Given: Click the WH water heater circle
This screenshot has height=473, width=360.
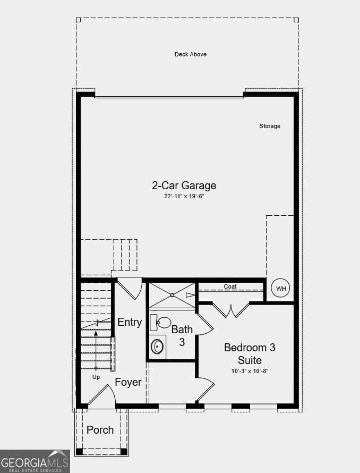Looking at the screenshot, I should [281, 289].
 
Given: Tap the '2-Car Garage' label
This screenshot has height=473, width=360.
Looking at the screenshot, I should [184, 185].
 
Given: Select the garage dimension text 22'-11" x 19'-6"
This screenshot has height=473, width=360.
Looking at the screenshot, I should [184, 196].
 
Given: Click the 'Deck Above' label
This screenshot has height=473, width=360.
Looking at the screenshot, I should [191, 54].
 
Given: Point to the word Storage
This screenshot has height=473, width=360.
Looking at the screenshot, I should [270, 126].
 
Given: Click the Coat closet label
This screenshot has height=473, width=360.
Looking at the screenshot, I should [230, 287].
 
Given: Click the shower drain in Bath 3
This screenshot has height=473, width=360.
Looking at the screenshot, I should [172, 295].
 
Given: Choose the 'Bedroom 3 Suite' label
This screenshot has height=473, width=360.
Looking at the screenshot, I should [250, 354].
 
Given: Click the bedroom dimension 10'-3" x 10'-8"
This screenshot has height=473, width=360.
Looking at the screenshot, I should [250, 371].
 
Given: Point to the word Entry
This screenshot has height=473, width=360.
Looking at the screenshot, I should [130, 322].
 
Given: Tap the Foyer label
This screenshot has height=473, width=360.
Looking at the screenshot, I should [128, 382].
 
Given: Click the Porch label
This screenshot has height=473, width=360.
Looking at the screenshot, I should [100, 429].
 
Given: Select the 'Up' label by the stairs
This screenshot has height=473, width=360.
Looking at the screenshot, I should [96, 377].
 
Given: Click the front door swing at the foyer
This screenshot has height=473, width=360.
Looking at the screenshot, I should [102, 398].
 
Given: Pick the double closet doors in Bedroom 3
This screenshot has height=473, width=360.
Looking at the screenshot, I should [231, 309].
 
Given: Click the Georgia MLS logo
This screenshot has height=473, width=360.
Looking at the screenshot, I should [35, 461].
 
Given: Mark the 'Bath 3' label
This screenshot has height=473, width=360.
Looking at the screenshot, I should [182, 336].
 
